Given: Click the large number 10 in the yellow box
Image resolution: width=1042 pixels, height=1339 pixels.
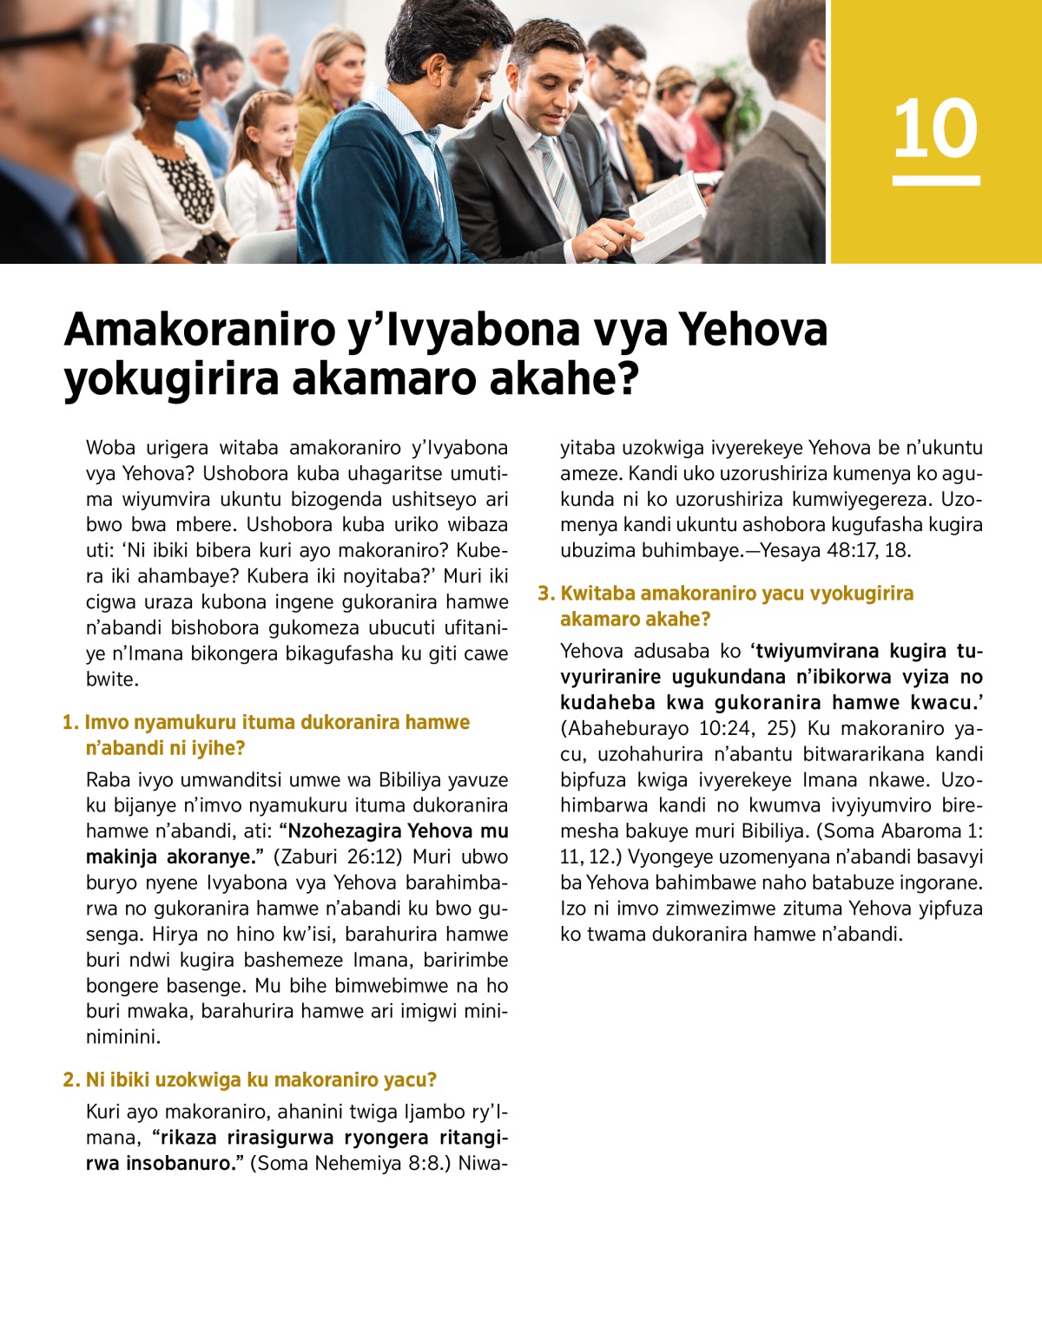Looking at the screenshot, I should click(x=935, y=128).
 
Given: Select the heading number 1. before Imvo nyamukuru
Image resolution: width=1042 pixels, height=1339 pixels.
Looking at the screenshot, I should click(x=70, y=723).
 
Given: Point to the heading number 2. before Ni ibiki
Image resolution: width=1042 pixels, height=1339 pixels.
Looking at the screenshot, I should click(x=71, y=1080).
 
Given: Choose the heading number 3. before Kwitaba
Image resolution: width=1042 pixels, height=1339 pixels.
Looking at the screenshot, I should click(x=545, y=594).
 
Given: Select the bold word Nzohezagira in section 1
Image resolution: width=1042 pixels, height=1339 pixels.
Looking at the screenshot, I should click(x=342, y=831).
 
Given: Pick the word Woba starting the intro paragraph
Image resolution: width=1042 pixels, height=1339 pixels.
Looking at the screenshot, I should click(x=110, y=449).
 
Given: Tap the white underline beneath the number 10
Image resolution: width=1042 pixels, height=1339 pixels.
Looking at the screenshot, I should click(x=936, y=181).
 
